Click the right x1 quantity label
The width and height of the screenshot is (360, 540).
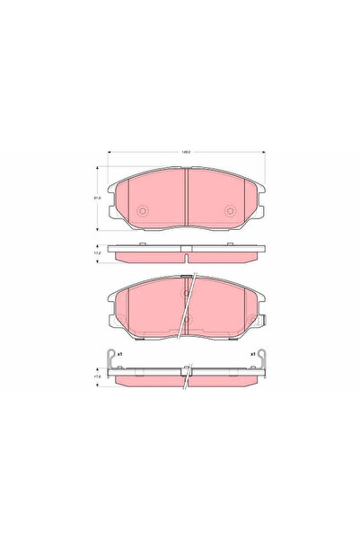[x=253, y=355]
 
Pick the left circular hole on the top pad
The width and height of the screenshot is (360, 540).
[x=141, y=212]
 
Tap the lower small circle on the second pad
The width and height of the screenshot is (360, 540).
[x=186, y=318]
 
